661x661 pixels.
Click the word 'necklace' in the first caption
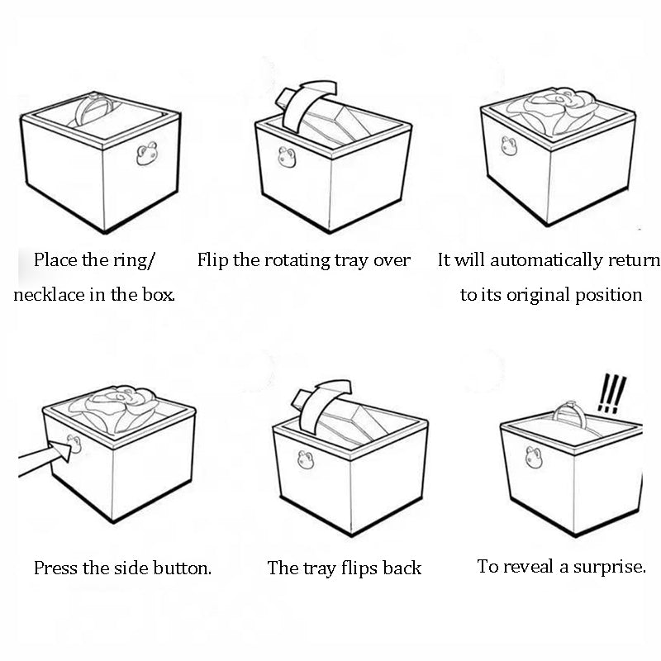click(x=50, y=295)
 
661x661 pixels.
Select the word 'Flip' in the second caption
click(x=213, y=260)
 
